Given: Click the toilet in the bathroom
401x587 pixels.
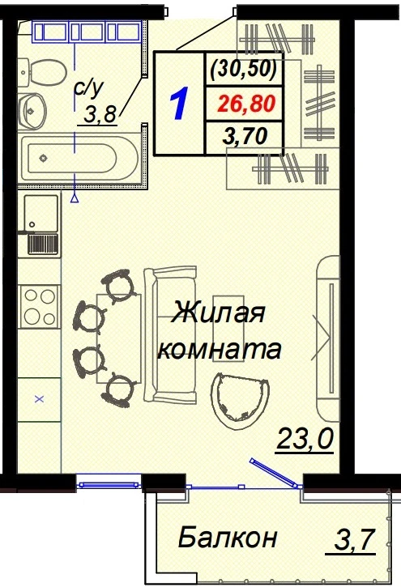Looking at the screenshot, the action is tap(42, 71).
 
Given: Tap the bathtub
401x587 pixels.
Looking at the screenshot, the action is tap(79, 159).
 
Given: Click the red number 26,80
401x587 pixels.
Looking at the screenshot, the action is tap(247, 104).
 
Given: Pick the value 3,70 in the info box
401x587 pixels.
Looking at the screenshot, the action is tap(245, 136).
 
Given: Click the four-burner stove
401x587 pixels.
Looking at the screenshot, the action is tap(40, 307).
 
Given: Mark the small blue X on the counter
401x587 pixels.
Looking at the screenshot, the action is tap(40, 399).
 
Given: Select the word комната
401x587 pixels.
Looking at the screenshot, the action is tap(220, 349).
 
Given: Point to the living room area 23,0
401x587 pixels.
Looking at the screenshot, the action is tap(305, 439).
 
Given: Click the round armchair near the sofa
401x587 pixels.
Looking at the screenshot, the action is tap(240, 401).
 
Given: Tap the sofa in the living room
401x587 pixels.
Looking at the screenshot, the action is tap(170, 335).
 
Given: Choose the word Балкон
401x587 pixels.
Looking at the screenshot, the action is tap(228, 538).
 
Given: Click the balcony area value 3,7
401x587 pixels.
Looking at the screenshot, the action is tap(354, 539).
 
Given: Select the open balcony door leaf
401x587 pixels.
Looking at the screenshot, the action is tap(274, 472).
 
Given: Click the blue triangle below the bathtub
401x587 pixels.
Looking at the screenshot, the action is tap(75, 198).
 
